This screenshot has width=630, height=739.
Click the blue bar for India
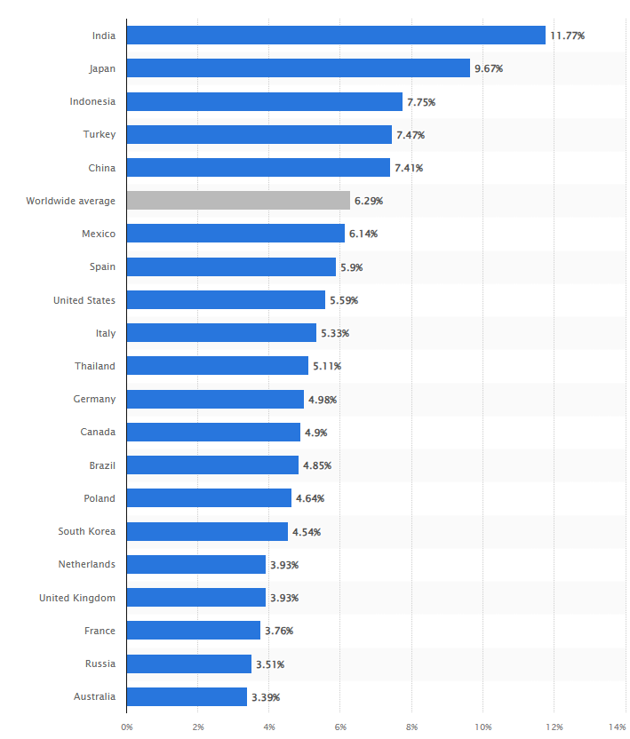336,36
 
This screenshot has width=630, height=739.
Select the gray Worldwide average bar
238,201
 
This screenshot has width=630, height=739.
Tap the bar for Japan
298,68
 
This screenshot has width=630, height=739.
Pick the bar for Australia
187,696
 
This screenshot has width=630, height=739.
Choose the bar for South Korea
207,531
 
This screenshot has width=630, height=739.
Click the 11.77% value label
567,36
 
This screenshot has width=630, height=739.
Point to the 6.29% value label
369,201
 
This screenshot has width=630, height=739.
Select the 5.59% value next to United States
344,300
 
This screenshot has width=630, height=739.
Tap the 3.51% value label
270,664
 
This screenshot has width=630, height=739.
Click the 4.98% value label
323,400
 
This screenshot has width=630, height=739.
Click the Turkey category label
100,135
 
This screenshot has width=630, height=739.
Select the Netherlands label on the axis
87,564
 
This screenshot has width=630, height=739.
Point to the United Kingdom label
77,598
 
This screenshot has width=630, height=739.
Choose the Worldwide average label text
71,201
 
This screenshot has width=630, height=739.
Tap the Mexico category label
98,234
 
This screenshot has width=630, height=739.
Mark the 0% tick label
126,727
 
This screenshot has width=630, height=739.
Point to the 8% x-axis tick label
411,727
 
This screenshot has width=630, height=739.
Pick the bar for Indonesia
264,101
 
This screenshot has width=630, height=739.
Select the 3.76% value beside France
279,631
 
